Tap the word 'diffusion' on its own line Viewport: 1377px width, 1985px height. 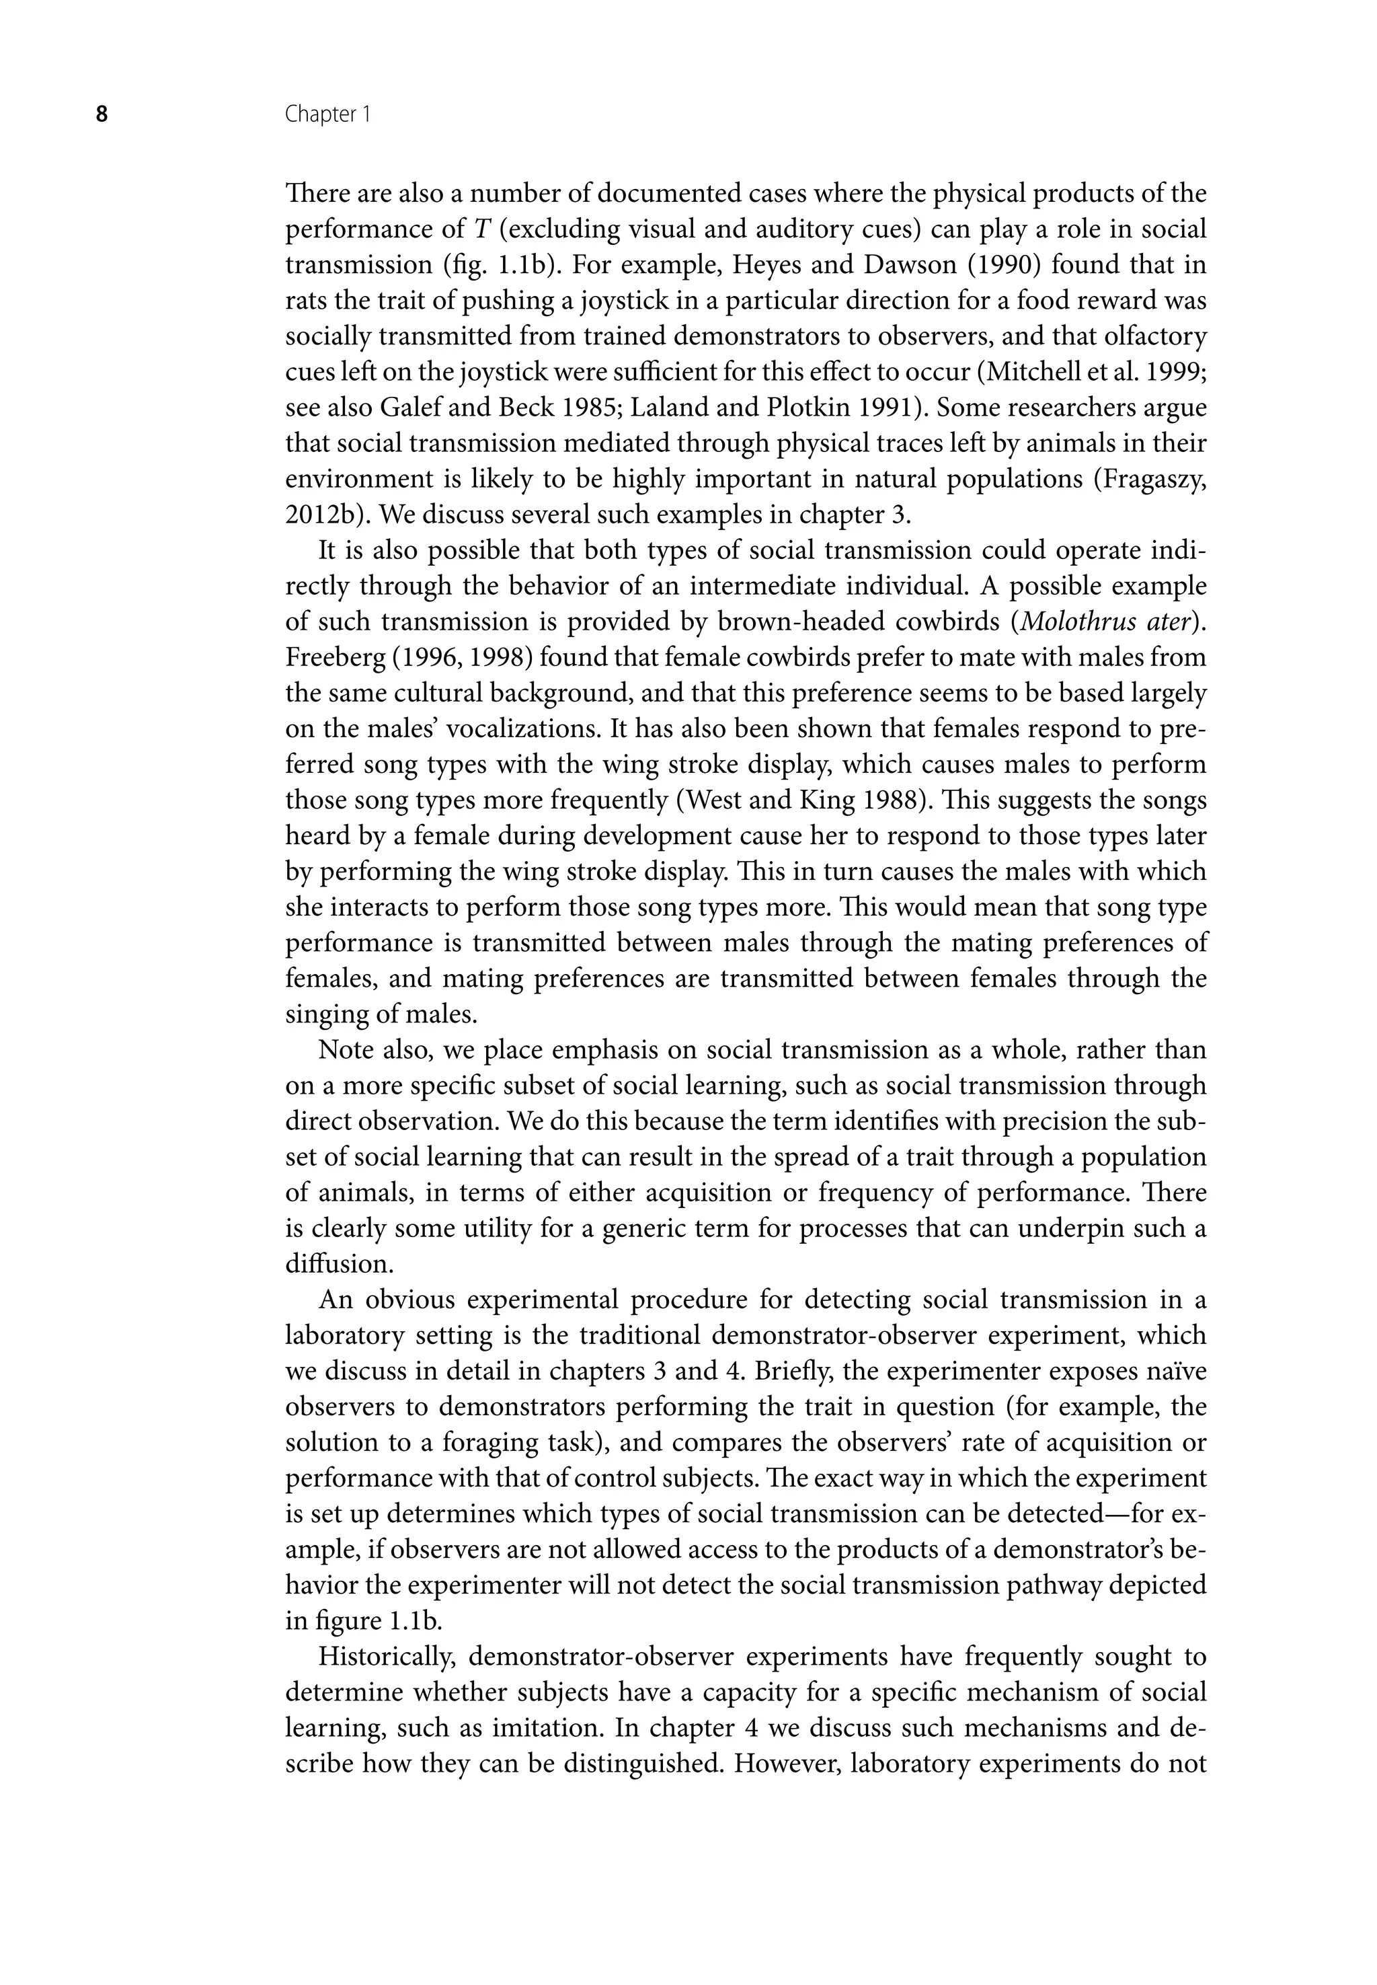338,1265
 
